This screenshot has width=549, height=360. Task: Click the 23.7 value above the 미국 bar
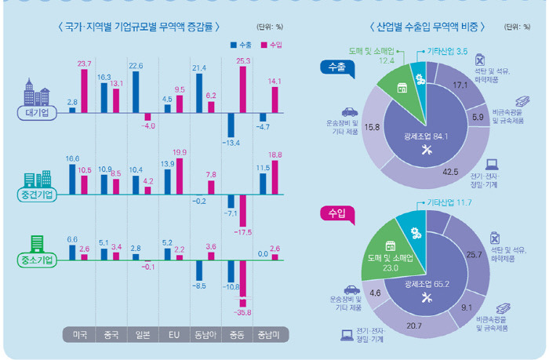tap(85, 63)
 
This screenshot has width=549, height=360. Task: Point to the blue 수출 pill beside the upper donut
tap(334, 67)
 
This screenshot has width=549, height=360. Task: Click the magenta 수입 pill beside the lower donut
tap(334, 213)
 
